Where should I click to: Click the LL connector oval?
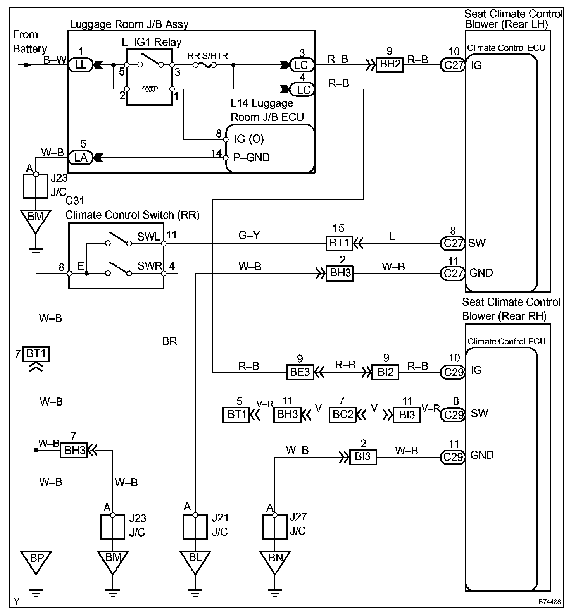pyautogui.click(x=81, y=65)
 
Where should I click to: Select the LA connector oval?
pyautogui.click(x=81, y=158)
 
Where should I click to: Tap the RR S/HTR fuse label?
pyautogui.click(x=208, y=56)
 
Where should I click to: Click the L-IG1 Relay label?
pyautogui.click(x=151, y=42)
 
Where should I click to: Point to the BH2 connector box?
pyautogui.click(x=390, y=64)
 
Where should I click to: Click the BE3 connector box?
pyautogui.click(x=300, y=372)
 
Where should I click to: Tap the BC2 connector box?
pyautogui.click(x=342, y=415)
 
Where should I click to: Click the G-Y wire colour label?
pyautogui.click(x=249, y=235)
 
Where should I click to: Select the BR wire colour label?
pyautogui.click(x=170, y=341)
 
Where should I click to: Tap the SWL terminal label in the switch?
pyautogui.click(x=148, y=237)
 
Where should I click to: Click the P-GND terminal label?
pyautogui.click(x=252, y=158)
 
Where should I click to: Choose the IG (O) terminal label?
pyautogui.click(x=249, y=139)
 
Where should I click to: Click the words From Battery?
pyautogui.click(x=30, y=42)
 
